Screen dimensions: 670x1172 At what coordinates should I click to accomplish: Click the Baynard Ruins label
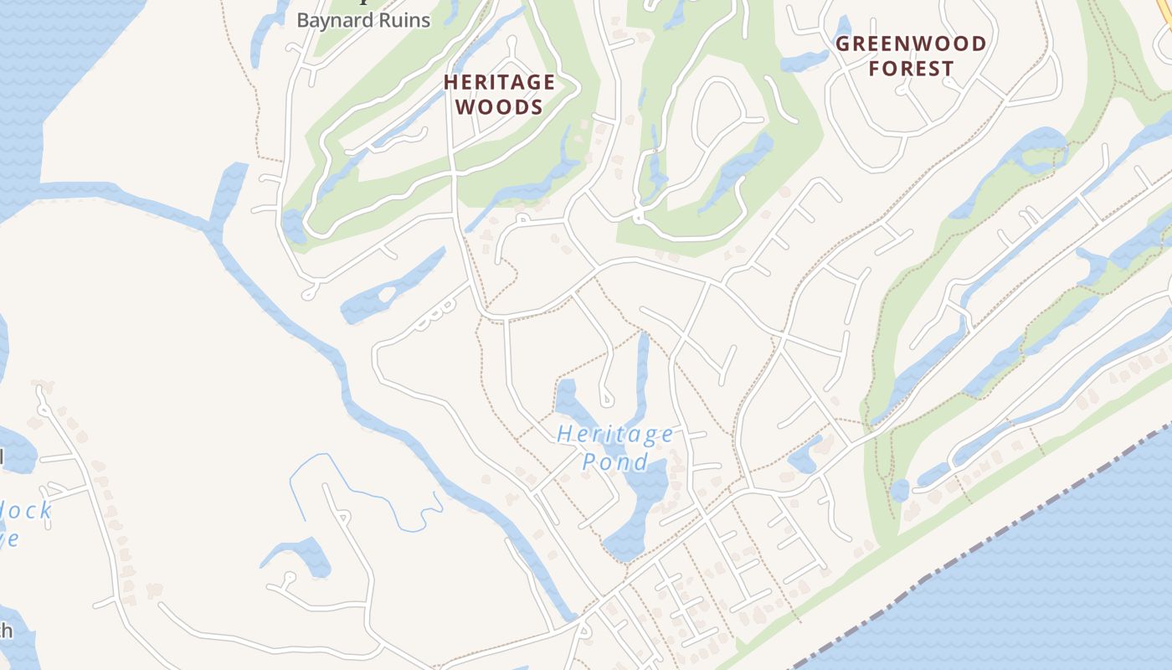coord(363,20)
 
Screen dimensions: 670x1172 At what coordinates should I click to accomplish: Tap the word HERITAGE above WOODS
coord(499,82)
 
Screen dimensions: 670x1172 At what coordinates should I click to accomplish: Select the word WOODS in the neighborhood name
coord(500,107)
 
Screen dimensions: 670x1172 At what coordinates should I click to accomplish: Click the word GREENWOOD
coord(911,44)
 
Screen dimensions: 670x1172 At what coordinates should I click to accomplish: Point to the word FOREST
coord(911,69)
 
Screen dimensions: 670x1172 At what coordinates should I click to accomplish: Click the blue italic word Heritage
coord(615,434)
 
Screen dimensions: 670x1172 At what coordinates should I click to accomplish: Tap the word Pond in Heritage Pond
coord(615,461)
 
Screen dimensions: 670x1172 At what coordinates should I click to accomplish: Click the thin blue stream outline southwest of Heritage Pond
coord(368,494)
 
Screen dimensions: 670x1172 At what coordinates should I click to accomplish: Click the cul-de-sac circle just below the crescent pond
coord(289,578)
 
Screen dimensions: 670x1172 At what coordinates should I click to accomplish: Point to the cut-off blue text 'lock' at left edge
coord(25,511)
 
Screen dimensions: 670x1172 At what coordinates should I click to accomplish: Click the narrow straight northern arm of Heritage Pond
coord(642,368)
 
